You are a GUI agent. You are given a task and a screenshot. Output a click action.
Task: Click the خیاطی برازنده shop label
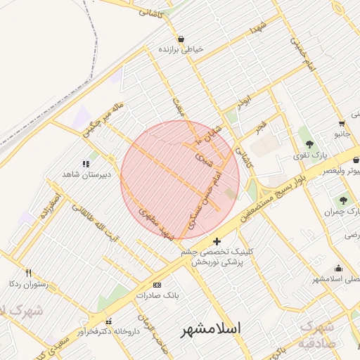point(181,49)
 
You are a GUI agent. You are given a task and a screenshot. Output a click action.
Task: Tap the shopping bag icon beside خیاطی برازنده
point(181,39)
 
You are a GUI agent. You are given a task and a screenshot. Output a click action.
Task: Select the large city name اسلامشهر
point(211,328)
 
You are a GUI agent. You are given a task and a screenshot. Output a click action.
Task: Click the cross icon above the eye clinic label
point(217,241)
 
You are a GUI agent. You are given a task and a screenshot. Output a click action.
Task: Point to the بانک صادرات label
point(157,295)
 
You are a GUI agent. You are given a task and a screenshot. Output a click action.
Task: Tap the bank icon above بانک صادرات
point(157,285)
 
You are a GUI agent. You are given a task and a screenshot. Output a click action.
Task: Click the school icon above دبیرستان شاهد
point(86,163)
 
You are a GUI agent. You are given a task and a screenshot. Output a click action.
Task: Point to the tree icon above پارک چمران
point(344,200)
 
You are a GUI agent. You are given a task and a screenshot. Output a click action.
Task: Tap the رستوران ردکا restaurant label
point(27,283)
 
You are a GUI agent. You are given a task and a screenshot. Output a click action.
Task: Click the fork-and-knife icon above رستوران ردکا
point(28,273)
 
